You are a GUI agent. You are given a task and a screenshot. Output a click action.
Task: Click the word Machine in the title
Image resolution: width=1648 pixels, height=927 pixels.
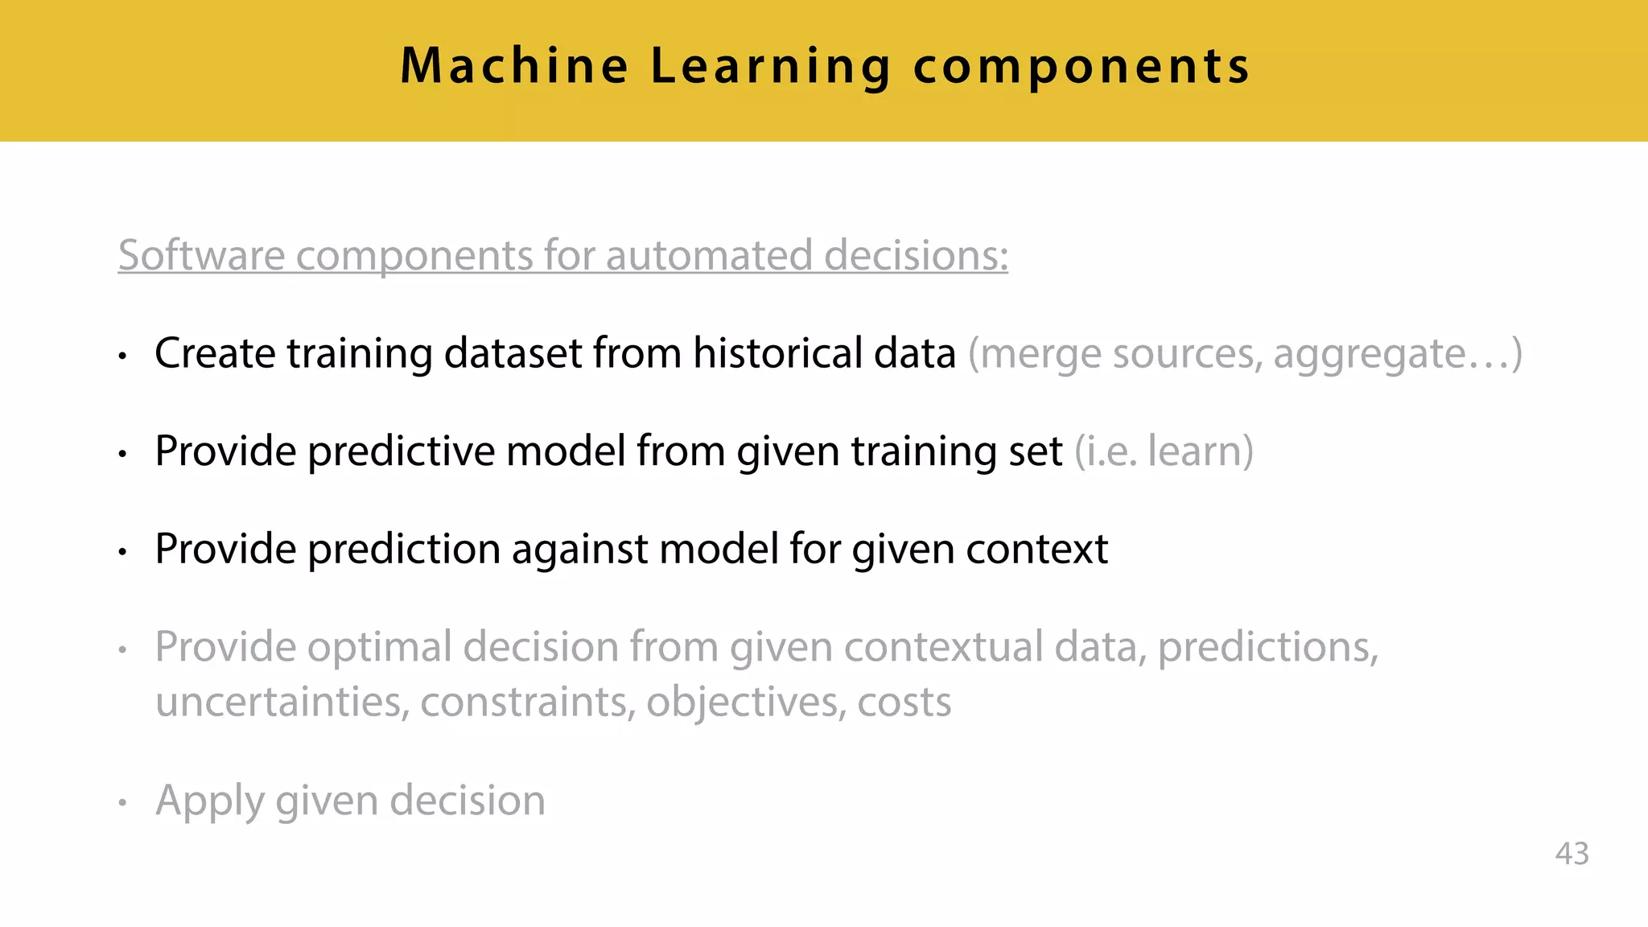(x=514, y=66)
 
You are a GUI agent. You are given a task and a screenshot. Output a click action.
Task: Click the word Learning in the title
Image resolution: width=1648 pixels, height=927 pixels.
(x=770, y=66)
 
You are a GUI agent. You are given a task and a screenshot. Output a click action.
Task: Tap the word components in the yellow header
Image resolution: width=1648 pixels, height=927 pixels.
(x=1081, y=66)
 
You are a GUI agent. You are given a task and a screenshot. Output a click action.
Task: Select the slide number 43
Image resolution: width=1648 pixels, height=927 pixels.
(x=1572, y=854)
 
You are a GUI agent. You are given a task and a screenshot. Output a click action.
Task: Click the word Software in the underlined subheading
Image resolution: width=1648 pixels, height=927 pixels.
(x=201, y=255)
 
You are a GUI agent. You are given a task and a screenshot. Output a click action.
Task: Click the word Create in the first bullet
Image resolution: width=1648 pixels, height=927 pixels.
(x=215, y=353)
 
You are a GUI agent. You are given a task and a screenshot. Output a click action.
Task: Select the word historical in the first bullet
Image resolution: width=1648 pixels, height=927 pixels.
(x=777, y=353)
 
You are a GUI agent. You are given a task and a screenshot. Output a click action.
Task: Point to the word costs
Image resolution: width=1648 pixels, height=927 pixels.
(x=904, y=702)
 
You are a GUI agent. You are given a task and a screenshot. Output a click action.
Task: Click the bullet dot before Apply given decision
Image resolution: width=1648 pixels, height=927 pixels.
(x=122, y=802)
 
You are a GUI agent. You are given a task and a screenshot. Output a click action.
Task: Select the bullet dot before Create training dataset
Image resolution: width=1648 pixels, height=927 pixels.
(x=122, y=356)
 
